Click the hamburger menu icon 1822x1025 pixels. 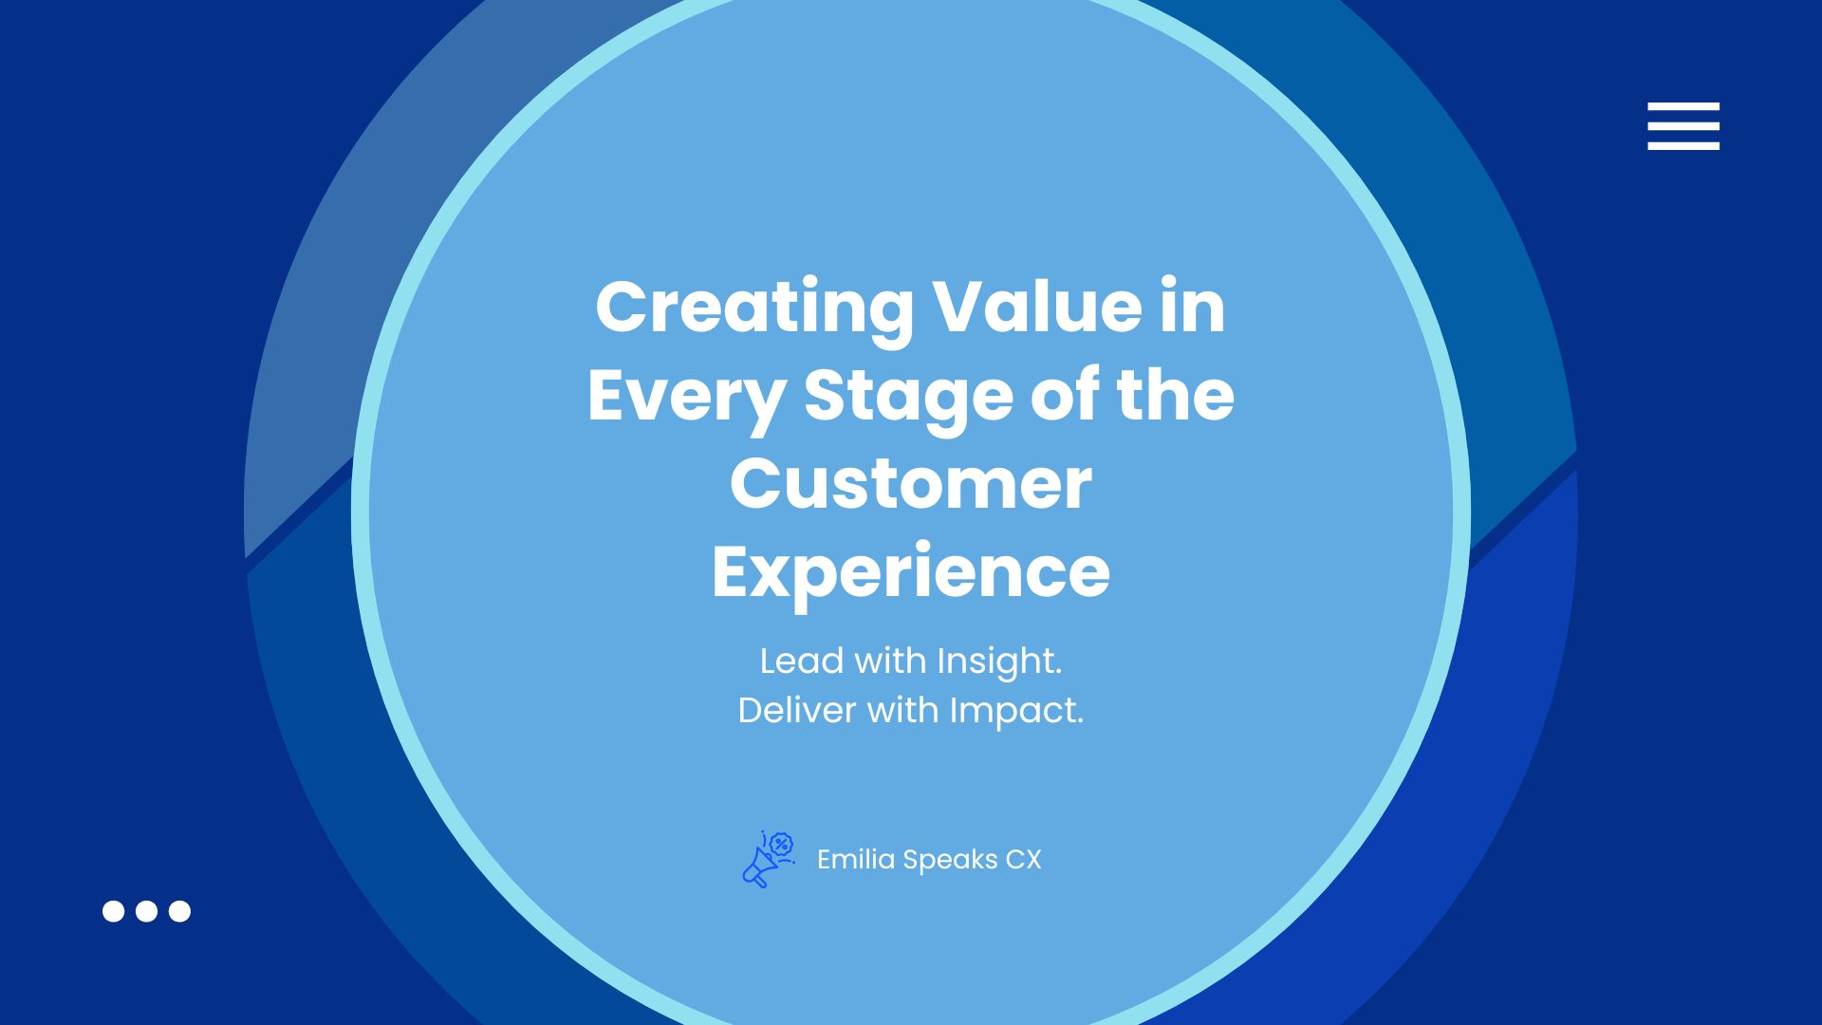[1683, 126]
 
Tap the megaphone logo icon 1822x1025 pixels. [768, 859]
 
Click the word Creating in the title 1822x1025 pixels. [754, 307]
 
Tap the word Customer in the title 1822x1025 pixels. [911, 484]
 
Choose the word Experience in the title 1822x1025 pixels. [911, 572]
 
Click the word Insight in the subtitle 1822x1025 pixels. [999, 662]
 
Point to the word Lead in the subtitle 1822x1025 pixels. [802, 662]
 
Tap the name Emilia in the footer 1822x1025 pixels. [856, 860]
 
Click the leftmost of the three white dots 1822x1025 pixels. [113, 911]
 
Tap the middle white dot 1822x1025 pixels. [146, 911]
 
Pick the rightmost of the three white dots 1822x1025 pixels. [179, 911]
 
